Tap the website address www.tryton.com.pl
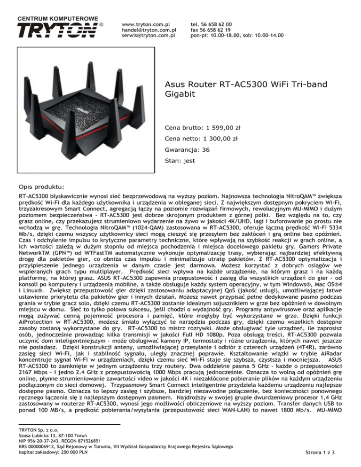tap(145, 23)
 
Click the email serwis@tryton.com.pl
tap(148, 35)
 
